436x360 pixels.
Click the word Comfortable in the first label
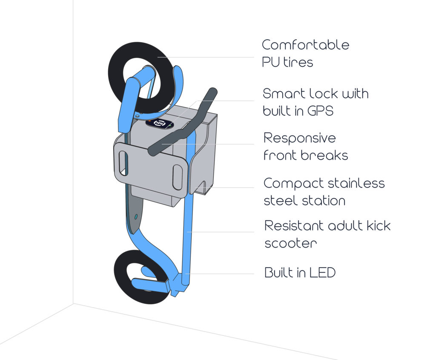pyautogui.click(x=305, y=45)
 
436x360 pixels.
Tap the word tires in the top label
pyautogui.click(x=297, y=62)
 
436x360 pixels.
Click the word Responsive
pyautogui.click(x=300, y=138)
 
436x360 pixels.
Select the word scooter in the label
pyautogui.click(x=291, y=243)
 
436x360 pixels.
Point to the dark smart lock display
pyautogui.click(x=160, y=124)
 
